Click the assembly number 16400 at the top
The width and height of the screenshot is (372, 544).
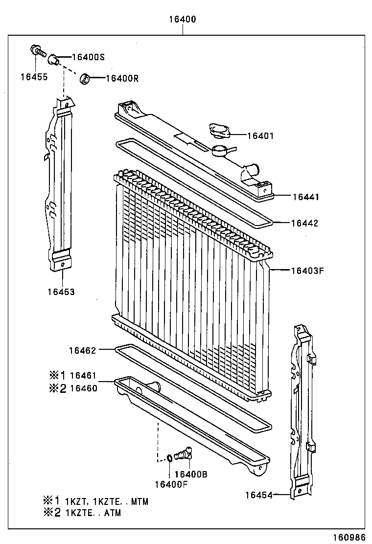(x=183, y=20)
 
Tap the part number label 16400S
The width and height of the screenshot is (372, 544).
(x=88, y=57)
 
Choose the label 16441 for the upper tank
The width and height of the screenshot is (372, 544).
(x=305, y=197)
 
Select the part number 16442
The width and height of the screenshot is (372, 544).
(x=304, y=223)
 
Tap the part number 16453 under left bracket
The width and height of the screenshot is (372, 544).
(x=61, y=292)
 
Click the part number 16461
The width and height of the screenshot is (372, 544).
(x=83, y=376)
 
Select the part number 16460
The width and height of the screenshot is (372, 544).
(x=83, y=388)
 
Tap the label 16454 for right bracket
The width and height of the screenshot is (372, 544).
(x=259, y=495)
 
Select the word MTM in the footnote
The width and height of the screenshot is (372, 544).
(x=140, y=501)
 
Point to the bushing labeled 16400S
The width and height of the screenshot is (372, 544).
(x=53, y=60)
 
